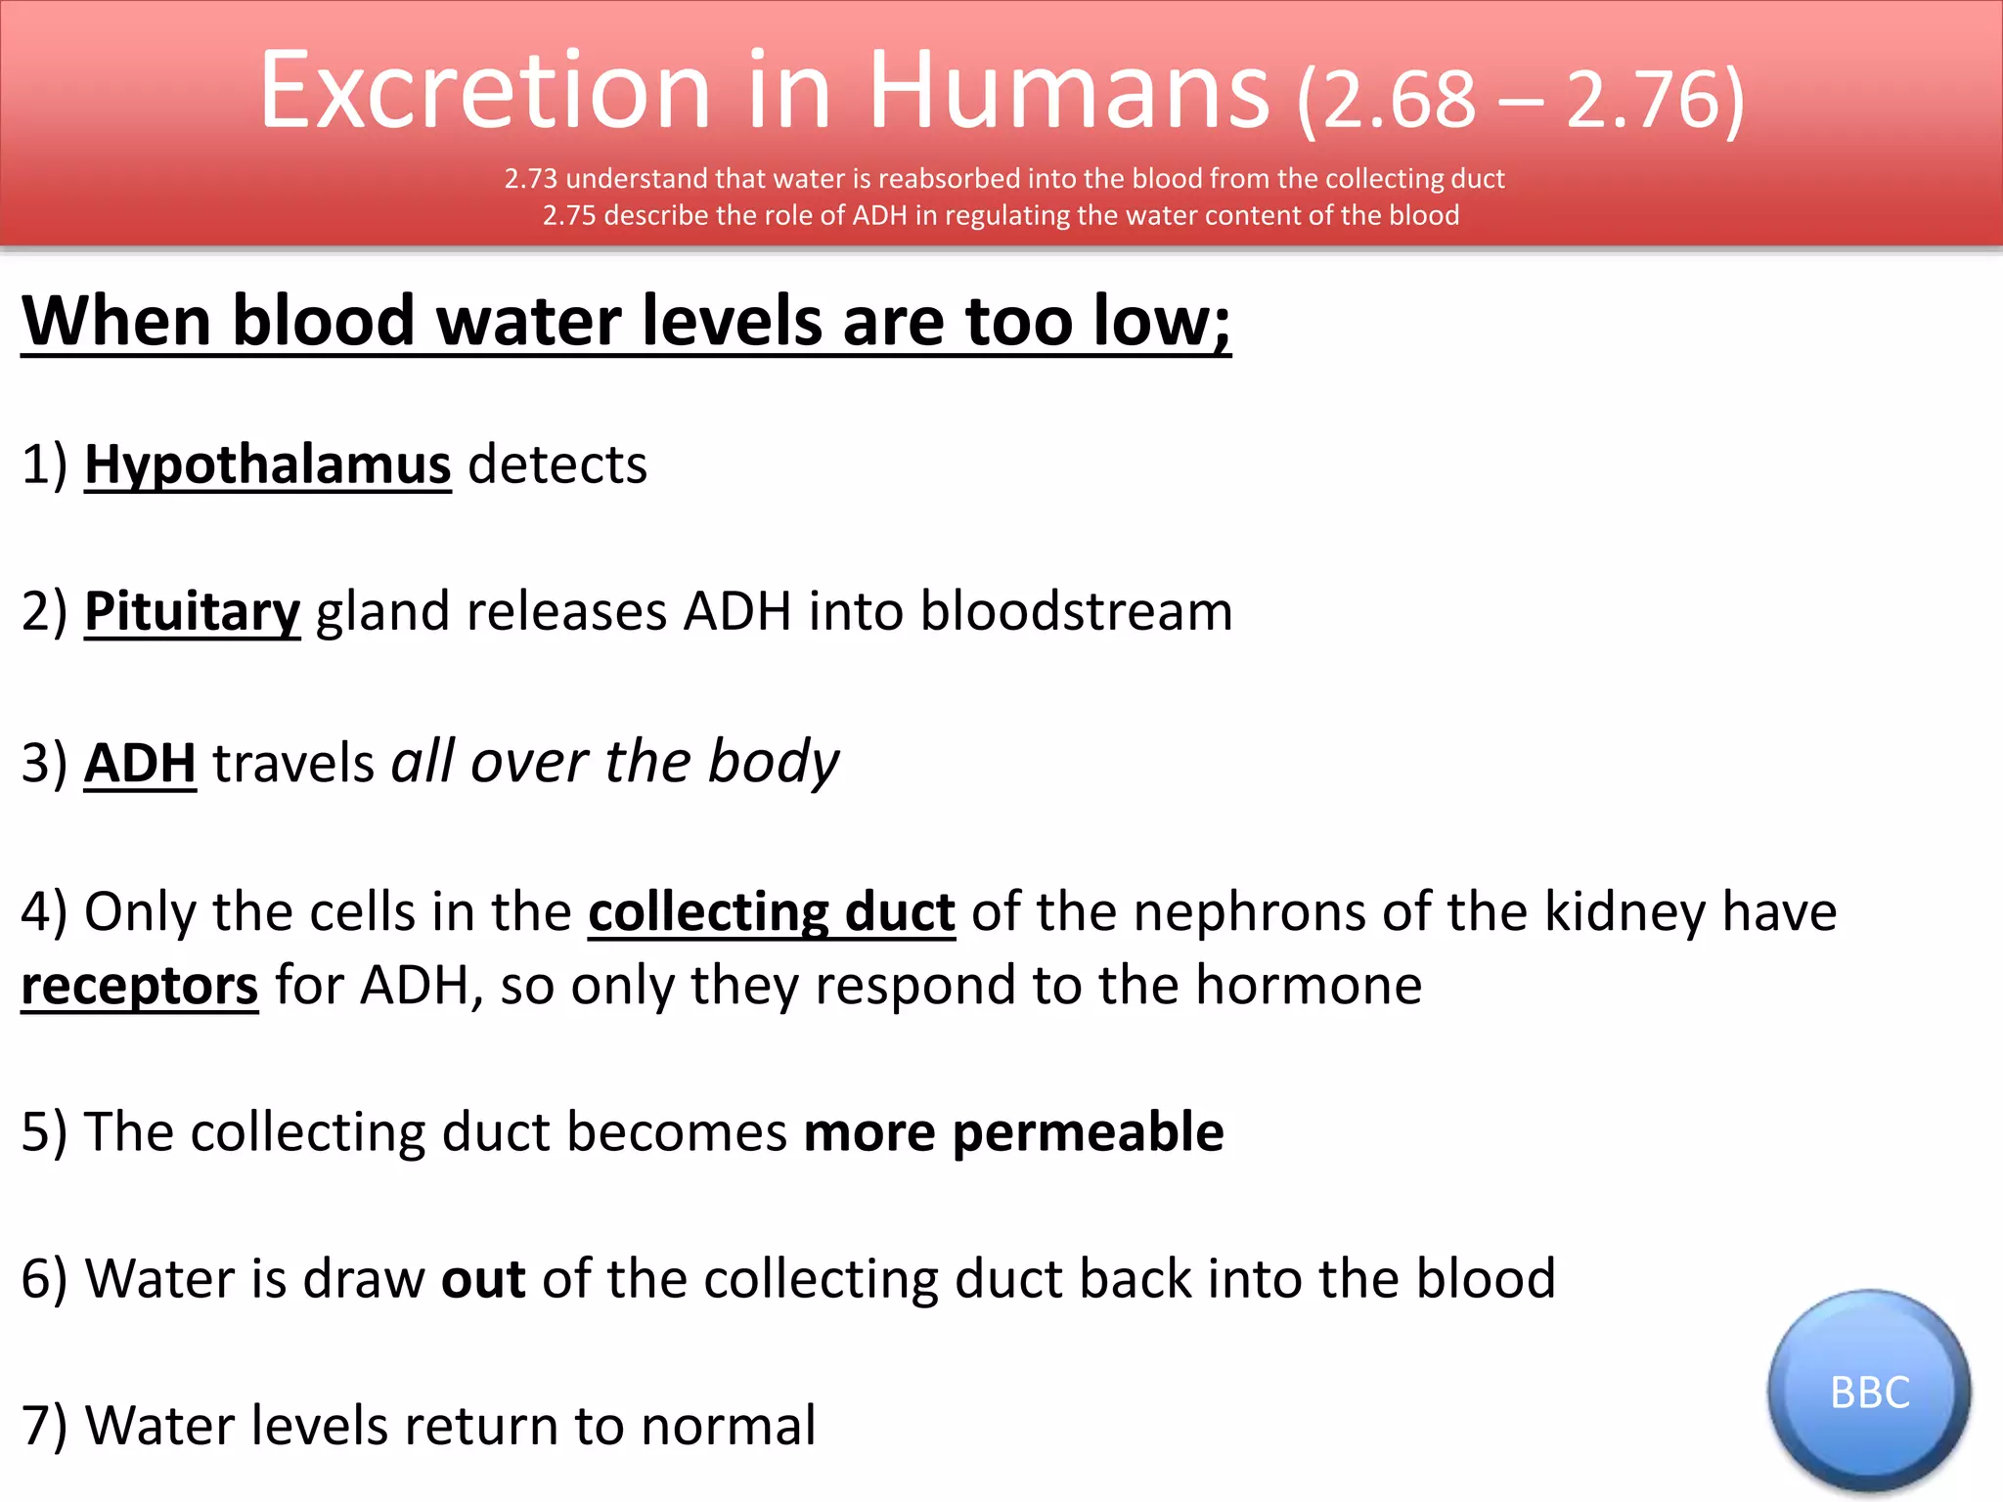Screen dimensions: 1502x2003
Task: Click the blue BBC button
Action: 1869,1392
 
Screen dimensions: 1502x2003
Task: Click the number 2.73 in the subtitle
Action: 530,179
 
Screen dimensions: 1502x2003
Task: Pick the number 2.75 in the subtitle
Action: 569,215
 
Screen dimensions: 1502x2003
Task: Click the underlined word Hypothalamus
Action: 268,464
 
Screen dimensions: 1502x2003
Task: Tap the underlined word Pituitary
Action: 192,611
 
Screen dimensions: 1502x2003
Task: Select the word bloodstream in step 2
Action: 1076,611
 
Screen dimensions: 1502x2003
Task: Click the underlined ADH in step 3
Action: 140,763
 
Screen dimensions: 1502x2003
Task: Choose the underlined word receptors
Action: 140,986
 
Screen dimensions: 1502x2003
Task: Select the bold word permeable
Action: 1088,1132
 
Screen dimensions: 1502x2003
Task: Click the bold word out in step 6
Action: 483,1279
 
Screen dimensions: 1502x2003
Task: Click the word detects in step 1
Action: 557,464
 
